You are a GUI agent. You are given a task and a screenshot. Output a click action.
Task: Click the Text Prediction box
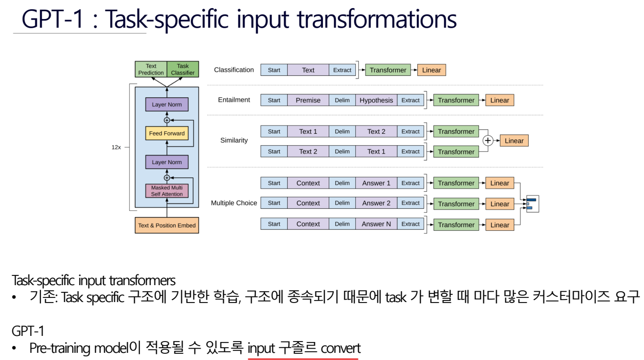pos(151,70)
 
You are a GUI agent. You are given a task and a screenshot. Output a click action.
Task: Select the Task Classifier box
pos(183,70)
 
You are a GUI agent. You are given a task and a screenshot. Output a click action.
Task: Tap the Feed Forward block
pos(167,134)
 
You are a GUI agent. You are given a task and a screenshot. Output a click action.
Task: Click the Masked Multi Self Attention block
pos(167,191)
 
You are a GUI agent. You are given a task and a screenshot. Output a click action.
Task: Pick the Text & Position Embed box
pos(167,225)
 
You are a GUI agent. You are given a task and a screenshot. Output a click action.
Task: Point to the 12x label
pos(116,147)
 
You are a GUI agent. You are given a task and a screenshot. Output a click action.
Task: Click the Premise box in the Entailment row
pos(308,101)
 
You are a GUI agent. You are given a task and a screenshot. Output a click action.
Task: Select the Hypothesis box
pos(376,101)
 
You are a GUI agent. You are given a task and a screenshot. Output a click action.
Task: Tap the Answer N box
pos(376,224)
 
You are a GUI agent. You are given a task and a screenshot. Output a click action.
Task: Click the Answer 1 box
pos(376,183)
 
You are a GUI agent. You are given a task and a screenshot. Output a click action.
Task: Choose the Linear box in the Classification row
pos(431,70)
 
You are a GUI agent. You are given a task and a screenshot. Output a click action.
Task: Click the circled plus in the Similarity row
pos(488,141)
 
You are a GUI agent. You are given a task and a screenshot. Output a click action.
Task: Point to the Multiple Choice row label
pos(234,203)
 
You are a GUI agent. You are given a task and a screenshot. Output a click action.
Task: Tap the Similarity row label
pos(234,141)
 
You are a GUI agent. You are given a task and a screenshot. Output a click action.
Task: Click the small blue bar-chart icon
pos(531,204)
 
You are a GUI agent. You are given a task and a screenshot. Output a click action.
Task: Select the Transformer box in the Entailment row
pos(456,101)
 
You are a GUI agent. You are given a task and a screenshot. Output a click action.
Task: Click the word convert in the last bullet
pos(340,349)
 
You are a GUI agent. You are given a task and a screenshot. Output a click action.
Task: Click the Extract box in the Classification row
pos(342,70)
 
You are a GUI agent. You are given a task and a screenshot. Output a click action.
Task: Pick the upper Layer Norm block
pos(167,105)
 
